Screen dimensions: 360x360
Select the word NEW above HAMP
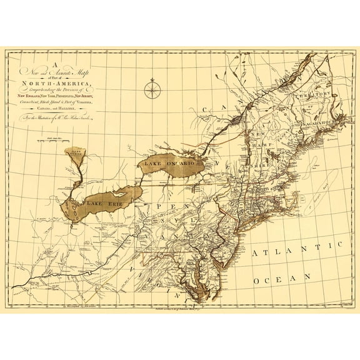[x=257, y=134]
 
